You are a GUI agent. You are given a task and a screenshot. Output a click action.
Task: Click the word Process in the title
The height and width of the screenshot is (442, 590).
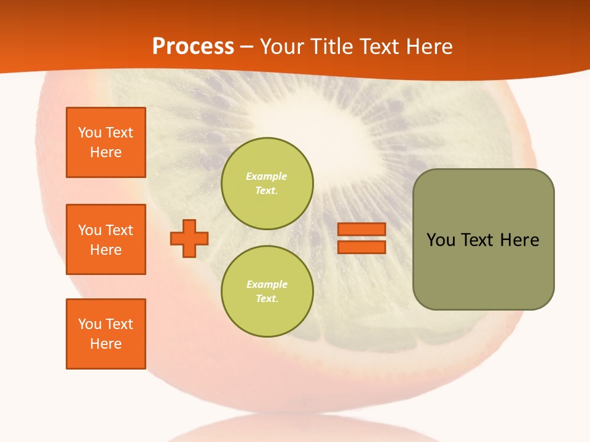(193, 47)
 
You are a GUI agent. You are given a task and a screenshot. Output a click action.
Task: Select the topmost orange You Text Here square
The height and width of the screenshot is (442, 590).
(106, 142)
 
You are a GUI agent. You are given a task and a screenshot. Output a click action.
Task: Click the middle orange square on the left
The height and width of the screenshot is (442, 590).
(106, 239)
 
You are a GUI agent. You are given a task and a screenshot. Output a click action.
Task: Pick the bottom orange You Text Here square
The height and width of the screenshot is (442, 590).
(106, 334)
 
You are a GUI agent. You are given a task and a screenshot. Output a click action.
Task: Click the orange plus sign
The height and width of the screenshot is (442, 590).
(189, 238)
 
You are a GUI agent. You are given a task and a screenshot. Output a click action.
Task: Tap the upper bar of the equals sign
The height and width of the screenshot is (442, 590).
(361, 230)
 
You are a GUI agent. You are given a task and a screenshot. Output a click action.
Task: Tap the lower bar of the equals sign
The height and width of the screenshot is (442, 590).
(361, 247)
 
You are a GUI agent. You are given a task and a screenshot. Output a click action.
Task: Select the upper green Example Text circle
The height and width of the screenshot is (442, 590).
(267, 184)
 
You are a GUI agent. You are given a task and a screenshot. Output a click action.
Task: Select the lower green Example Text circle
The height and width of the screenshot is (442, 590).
(267, 292)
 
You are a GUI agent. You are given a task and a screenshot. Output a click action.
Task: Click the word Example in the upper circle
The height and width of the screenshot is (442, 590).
(267, 176)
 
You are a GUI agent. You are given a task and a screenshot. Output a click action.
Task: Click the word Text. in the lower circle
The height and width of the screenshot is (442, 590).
(267, 299)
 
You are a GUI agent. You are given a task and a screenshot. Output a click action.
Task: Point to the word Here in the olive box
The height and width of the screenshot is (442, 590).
(519, 240)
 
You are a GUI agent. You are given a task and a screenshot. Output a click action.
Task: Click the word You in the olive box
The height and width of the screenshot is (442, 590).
(441, 240)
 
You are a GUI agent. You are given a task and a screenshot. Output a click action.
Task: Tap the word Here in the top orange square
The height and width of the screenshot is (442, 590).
(106, 152)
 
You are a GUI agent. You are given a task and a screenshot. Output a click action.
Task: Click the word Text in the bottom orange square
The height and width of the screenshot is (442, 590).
(119, 324)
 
